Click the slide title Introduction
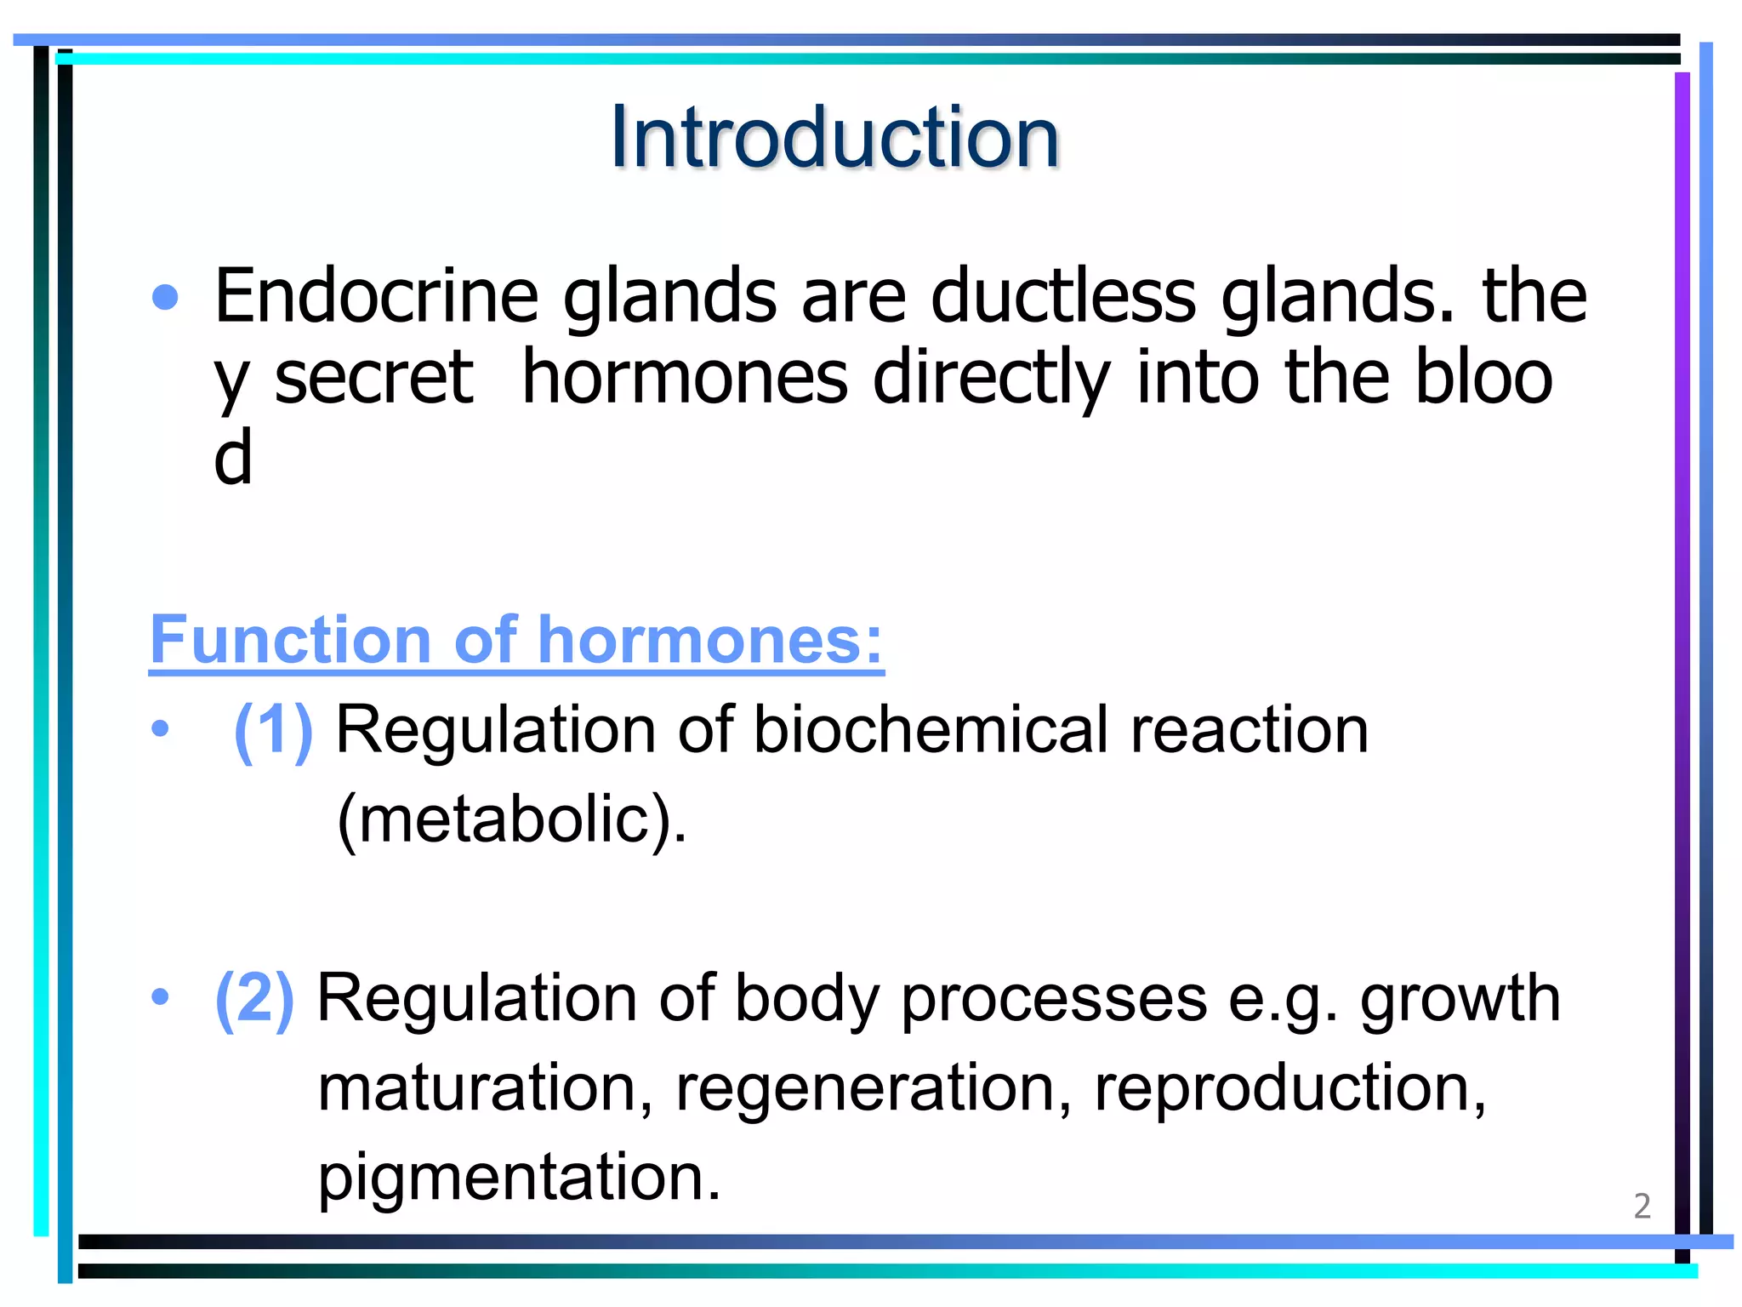click(834, 137)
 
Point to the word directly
click(992, 379)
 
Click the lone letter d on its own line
click(232, 457)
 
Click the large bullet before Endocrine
click(165, 298)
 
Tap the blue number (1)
click(273, 730)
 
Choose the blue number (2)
click(254, 998)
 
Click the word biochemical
click(931, 730)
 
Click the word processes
click(1054, 998)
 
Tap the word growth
click(1460, 998)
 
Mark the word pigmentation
click(519, 1179)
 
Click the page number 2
click(1642, 1207)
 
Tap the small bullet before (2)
click(160, 996)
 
